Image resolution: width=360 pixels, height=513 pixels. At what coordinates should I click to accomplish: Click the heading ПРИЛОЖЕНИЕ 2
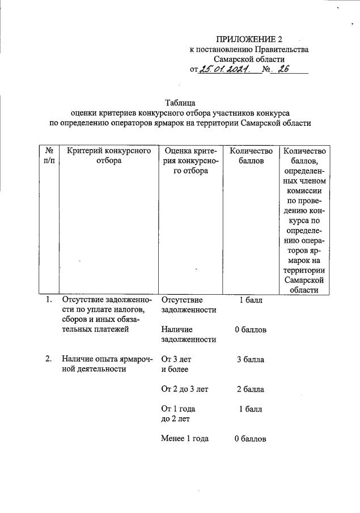tap(249, 39)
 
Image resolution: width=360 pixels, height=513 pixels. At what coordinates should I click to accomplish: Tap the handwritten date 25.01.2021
tap(225, 70)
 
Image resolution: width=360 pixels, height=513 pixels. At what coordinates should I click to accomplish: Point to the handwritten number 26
tap(283, 70)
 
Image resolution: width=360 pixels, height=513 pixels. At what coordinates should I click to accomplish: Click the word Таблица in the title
tap(180, 103)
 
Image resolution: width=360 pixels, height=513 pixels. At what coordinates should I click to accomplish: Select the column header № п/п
tap(49, 155)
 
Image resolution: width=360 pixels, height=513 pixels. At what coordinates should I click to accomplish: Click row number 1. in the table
tap(49, 300)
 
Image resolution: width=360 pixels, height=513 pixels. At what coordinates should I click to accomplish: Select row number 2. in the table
tap(49, 359)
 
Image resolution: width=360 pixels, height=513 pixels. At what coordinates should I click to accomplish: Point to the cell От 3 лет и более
tap(177, 364)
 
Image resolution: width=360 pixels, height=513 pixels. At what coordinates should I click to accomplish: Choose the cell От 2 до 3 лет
tap(185, 389)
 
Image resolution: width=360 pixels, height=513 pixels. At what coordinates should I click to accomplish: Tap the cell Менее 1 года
tap(185, 438)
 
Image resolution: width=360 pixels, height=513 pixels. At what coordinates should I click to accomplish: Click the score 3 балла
tap(250, 359)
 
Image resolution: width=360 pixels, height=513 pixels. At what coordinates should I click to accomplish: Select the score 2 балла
tap(250, 389)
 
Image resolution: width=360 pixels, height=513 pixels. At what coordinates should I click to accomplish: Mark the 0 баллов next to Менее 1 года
tap(251, 439)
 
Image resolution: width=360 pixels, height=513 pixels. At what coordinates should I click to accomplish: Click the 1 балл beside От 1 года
tap(250, 409)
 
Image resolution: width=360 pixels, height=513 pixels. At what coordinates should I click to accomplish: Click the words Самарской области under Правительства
tap(249, 59)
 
